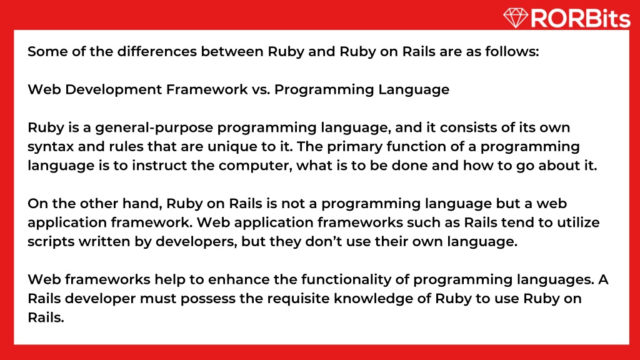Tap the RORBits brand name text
coord(579,19)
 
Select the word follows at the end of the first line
coord(512,51)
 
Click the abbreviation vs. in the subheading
coord(261,89)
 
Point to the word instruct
coord(162,166)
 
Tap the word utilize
coord(581,223)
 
